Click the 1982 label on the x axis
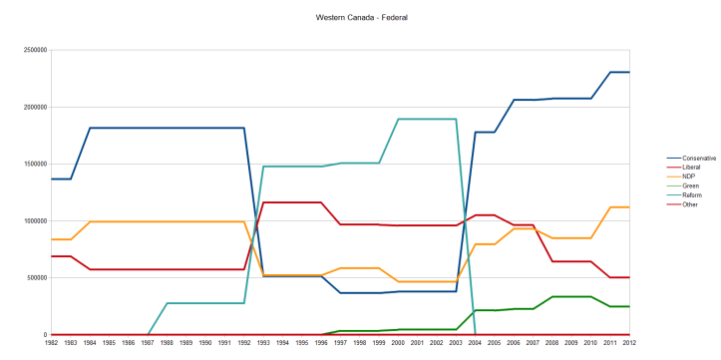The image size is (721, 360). point(53,342)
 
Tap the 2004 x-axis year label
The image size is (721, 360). point(476,342)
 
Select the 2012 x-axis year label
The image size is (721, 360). point(628,342)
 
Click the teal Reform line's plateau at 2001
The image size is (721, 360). point(419,119)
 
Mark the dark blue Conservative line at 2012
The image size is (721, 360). point(628,72)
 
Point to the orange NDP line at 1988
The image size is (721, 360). point(168,221)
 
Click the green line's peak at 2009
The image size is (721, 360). point(571,296)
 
